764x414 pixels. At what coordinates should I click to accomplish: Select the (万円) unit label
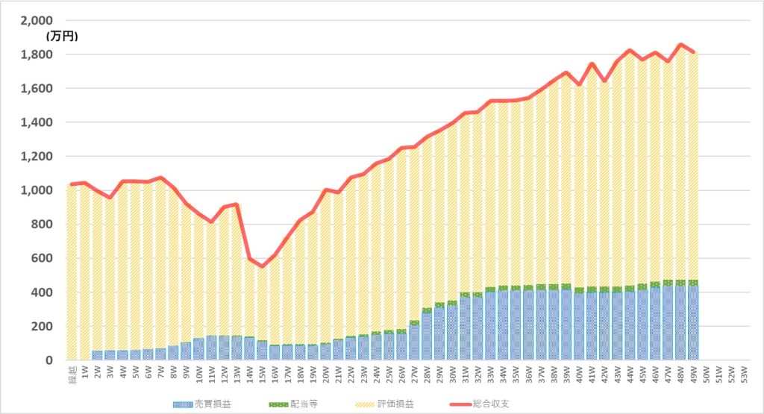coord(62,35)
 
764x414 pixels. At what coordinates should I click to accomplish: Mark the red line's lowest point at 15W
coord(262,266)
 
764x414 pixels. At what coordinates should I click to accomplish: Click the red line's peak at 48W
coord(680,45)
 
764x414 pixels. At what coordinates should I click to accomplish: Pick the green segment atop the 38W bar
coord(553,286)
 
